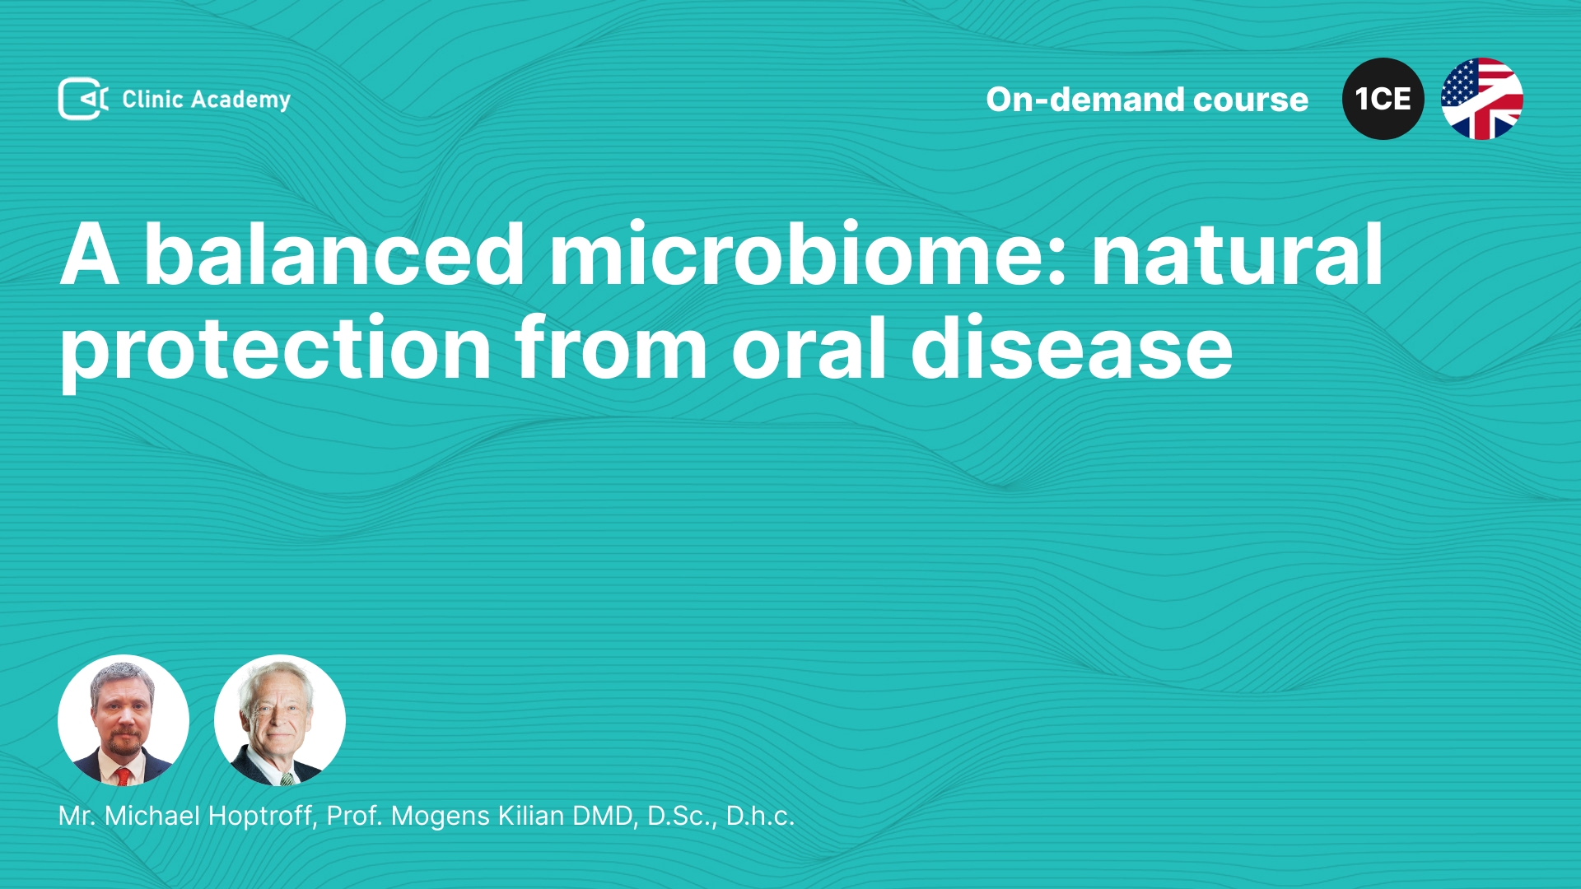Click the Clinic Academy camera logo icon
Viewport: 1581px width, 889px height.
[x=83, y=99]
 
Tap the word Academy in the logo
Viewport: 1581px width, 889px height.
[x=240, y=100]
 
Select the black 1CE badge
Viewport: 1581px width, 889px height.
[x=1383, y=99]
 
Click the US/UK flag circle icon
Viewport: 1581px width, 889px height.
[x=1481, y=99]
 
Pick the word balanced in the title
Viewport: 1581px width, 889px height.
[x=334, y=254]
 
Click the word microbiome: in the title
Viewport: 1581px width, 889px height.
[x=808, y=254]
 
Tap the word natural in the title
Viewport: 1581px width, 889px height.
[x=1237, y=254]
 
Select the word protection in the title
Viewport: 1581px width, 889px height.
[x=276, y=350]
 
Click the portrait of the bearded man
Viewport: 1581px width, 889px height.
[x=124, y=720]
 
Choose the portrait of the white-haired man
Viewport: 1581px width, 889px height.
[x=280, y=720]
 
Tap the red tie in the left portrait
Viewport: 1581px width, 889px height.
[x=123, y=775]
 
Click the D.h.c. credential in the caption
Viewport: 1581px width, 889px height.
[x=760, y=816]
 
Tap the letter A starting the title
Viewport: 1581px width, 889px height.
[x=90, y=254]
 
